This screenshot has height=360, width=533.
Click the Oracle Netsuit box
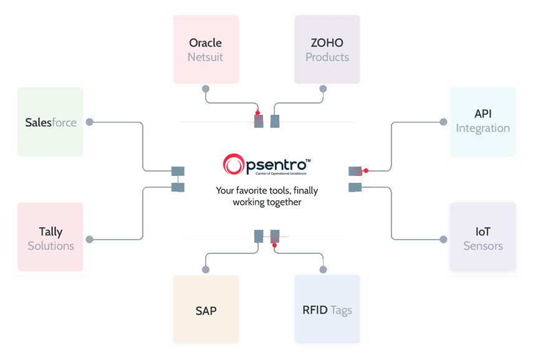[x=206, y=50]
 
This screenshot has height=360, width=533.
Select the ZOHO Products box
[x=327, y=50]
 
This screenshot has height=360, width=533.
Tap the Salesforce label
[x=51, y=122]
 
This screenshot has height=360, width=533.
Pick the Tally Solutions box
[x=50, y=238]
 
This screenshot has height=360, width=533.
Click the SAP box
[x=206, y=310]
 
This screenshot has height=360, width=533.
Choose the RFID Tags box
[x=327, y=310]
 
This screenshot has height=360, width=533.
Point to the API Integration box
[x=483, y=121]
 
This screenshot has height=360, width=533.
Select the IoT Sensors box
[x=483, y=238]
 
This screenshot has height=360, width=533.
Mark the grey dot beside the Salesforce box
[x=90, y=122]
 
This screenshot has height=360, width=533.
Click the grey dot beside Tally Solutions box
[x=90, y=239]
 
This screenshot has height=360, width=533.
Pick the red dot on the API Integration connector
[x=367, y=170]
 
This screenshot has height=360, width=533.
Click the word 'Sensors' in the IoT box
[x=483, y=246]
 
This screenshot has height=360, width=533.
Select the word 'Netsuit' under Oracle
[x=205, y=57]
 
